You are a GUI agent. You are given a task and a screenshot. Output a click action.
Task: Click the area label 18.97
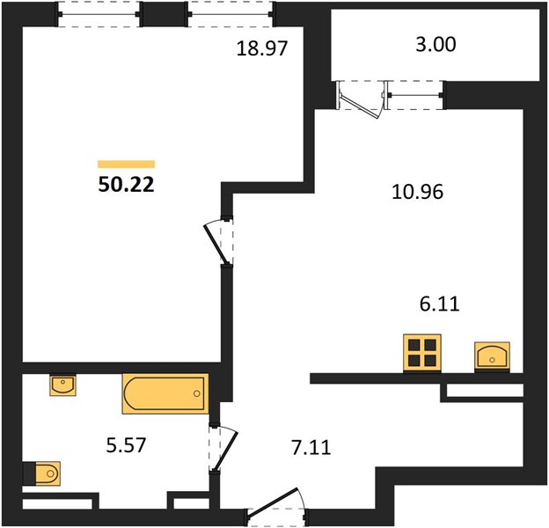[262, 48]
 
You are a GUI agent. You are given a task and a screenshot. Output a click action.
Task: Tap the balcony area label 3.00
[436, 45]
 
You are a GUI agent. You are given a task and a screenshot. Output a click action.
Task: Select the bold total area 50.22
[126, 185]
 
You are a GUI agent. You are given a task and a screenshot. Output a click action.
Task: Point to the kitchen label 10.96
[417, 192]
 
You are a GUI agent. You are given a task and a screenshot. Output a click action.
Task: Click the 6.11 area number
[439, 304]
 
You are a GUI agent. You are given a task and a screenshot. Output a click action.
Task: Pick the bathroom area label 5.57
[126, 445]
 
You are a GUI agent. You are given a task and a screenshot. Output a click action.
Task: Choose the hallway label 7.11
[311, 448]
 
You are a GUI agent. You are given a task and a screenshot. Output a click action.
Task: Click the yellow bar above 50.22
[126, 165]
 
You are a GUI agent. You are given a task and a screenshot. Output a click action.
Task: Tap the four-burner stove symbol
[422, 353]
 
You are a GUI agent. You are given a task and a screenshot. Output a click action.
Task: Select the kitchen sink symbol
[492, 357]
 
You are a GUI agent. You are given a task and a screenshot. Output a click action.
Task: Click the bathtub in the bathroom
[165, 393]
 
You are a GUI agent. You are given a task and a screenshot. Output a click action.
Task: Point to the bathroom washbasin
[62, 385]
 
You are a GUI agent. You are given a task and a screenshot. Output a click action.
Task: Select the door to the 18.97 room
[218, 242]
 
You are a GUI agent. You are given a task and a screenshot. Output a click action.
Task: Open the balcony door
[361, 99]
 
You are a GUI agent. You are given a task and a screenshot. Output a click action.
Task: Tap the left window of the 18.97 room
[99, 14]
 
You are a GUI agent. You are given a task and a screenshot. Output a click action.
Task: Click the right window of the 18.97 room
[231, 14]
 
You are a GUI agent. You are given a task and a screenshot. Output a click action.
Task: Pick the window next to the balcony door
[415, 95]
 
